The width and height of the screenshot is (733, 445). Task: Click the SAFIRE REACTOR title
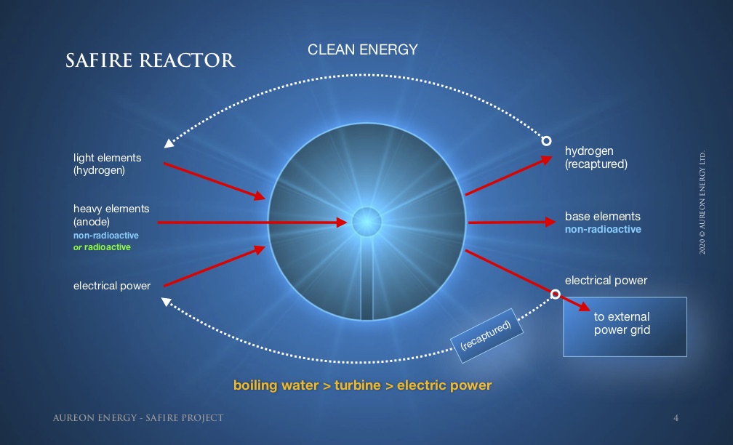[150, 60]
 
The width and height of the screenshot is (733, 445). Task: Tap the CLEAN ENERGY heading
[363, 49]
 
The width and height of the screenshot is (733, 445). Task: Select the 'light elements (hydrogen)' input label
[107, 164]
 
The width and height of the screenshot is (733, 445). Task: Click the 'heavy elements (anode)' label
[111, 215]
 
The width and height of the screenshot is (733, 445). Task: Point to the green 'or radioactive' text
[102, 246]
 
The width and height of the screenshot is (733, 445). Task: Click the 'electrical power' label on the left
[112, 286]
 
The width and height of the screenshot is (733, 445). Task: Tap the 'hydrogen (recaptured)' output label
[596, 158]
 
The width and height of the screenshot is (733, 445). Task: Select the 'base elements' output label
[603, 217]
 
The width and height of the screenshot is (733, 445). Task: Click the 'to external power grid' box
[625, 326]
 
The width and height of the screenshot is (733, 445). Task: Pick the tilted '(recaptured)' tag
[486, 335]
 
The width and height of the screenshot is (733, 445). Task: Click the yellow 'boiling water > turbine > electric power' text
[362, 385]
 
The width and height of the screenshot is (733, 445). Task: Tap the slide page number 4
[676, 418]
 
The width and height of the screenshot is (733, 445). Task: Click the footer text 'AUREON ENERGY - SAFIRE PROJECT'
[138, 418]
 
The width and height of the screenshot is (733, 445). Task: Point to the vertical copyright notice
[702, 202]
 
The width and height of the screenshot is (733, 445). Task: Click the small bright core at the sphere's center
[366, 222]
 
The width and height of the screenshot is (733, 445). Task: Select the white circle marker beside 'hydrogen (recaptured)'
[546, 141]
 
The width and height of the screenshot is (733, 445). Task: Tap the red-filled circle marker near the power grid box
[556, 294]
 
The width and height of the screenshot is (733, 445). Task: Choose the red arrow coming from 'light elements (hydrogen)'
[215, 181]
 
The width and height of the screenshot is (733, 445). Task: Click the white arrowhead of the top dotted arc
[169, 143]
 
